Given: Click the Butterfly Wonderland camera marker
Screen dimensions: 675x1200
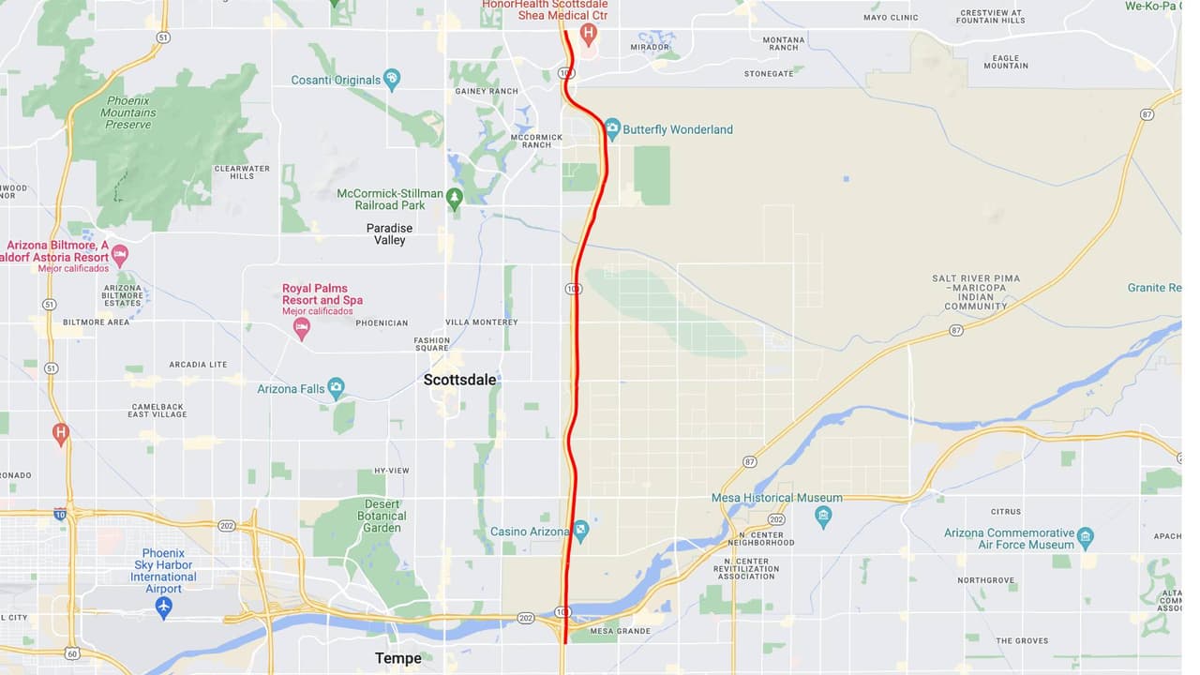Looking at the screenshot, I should pos(612,127).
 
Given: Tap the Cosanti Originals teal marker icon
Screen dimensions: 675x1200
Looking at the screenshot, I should pos(392,80).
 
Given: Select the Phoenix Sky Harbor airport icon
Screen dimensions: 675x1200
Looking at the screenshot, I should pos(164,607).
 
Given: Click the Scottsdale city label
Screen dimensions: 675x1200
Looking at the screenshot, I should pos(459,380).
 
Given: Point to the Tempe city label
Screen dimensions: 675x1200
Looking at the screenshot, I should pos(397,658).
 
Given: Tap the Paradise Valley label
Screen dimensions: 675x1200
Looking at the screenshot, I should pos(389,234).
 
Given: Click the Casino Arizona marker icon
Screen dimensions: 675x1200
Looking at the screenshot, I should pos(581,531).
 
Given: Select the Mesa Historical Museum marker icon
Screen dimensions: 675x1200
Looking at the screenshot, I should pos(823,516).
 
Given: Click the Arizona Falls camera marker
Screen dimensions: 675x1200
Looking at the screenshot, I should pos(337,388).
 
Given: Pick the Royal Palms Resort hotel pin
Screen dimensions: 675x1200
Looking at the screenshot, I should pos(301,327).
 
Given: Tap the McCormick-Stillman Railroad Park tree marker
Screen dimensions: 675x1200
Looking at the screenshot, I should pos(455,198).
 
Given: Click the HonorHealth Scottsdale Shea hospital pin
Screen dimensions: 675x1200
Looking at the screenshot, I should pos(589,35).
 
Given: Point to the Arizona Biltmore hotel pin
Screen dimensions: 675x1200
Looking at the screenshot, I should pos(120,254).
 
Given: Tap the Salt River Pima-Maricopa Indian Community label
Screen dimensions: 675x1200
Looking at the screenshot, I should pos(976,292).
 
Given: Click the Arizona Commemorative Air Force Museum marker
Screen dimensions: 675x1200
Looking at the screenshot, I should pos(1086,538).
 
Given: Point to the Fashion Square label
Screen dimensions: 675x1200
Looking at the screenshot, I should pos(432,344).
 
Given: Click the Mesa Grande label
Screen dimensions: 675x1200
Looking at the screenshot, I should pos(620,631).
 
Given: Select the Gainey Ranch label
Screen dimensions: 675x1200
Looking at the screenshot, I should pos(487,91).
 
